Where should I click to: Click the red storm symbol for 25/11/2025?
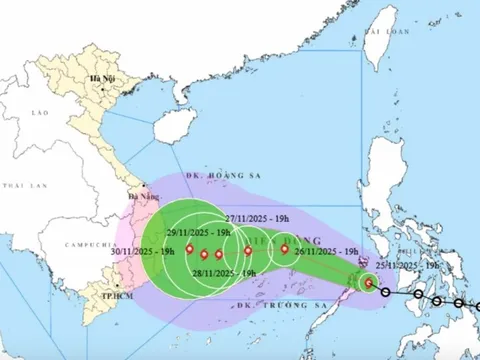pyautogui.click(x=371, y=283)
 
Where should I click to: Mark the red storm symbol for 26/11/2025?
pyautogui.click(x=284, y=250)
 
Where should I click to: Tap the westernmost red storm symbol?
pyautogui.click(x=187, y=250)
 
